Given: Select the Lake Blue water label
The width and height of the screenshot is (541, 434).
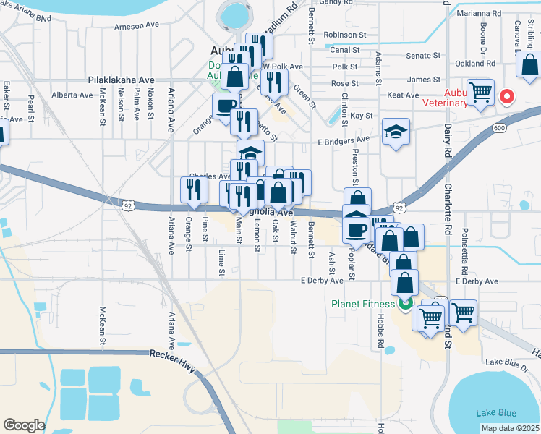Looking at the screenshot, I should point(496,412).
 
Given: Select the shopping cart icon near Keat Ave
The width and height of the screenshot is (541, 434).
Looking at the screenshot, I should point(480,92).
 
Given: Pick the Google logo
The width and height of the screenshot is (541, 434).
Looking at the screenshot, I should point(24,425).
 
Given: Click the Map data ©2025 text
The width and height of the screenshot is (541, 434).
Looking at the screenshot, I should point(509,428).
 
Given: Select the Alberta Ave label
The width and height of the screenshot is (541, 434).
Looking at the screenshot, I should point(72,95).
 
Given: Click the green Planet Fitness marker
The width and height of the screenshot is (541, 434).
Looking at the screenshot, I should point(405,304).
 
